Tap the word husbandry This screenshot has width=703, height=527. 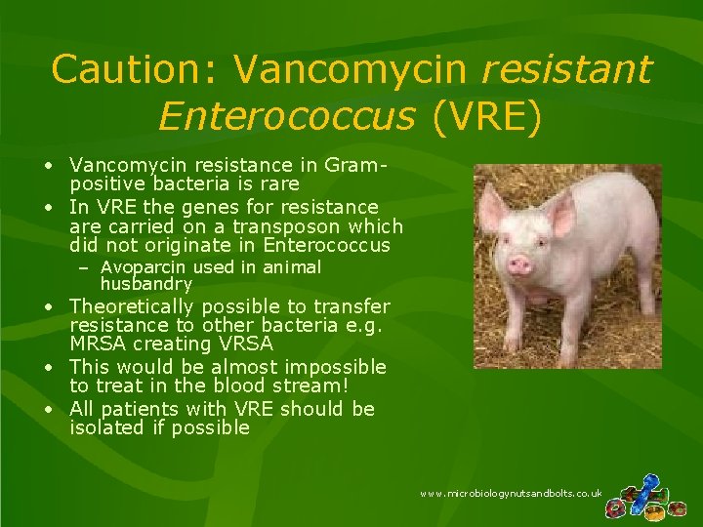(x=146, y=284)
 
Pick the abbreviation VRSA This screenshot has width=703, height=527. (x=249, y=345)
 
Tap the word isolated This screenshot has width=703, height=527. (x=106, y=427)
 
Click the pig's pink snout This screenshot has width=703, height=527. (x=520, y=264)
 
